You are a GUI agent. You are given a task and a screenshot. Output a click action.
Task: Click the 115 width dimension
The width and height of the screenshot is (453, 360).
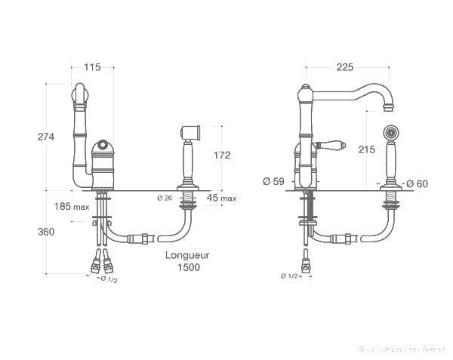pyautogui.click(x=93, y=68)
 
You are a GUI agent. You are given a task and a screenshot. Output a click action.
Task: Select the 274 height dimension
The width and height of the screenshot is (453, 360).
pyautogui.click(x=47, y=136)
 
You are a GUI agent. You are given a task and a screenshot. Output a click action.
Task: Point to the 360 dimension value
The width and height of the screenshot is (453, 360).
pyautogui.click(x=47, y=232)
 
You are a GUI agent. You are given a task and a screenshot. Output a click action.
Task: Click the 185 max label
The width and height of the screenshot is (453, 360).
pyautogui.click(x=72, y=206)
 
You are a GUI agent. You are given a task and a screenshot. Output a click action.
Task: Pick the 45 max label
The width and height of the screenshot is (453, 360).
pyautogui.click(x=221, y=198)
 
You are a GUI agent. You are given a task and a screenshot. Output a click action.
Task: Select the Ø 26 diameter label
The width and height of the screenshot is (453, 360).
pyautogui.click(x=165, y=198)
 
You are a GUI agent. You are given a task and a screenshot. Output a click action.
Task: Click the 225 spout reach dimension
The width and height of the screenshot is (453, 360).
pyautogui.click(x=345, y=68)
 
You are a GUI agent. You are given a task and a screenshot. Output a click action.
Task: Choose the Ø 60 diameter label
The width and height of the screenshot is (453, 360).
pyautogui.click(x=417, y=183)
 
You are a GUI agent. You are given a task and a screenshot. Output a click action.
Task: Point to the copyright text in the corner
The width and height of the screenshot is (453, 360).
pyautogui.click(x=402, y=349)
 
